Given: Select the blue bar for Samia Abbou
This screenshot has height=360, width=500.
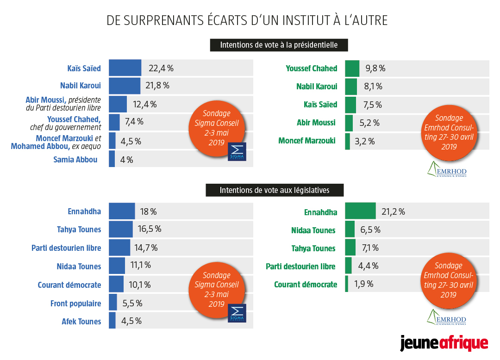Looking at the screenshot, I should [x=112, y=159].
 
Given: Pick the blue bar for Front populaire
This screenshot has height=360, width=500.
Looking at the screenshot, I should [x=112, y=303].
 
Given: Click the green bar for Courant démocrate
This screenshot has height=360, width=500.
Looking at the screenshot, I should [x=346, y=284].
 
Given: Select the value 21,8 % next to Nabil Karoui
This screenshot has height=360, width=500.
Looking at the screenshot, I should [x=159, y=86].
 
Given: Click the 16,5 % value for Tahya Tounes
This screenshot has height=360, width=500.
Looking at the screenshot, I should [x=150, y=229].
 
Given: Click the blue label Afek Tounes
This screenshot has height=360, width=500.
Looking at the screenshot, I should [x=81, y=321].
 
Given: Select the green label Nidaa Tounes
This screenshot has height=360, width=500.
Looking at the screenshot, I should [x=313, y=230].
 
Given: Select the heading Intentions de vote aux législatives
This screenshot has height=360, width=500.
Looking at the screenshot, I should [x=275, y=189].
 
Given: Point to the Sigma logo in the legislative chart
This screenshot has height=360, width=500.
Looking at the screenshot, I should [x=237, y=313].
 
